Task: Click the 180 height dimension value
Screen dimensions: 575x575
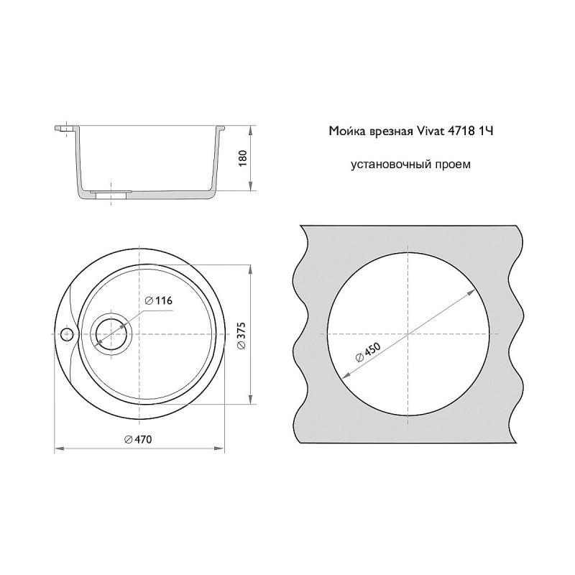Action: pos(243,158)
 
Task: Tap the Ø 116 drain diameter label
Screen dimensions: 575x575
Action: pos(158,300)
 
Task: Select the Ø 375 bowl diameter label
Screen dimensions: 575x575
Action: pos(241,336)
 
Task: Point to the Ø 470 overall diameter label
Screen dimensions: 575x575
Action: pos(138,439)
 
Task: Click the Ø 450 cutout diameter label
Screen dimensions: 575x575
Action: pos(368,352)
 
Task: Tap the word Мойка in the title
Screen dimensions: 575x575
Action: pos(345,131)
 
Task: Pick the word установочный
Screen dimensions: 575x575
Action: pos(391,165)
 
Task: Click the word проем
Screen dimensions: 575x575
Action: pos(453,165)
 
